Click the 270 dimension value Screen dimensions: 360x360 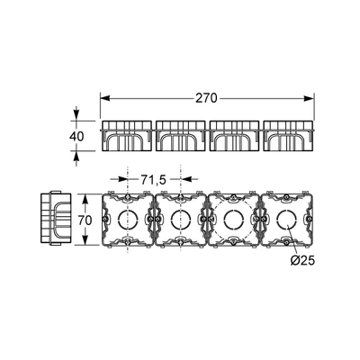pyautogui.click(x=206, y=98)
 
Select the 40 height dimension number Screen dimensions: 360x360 pyautogui.click(x=76, y=137)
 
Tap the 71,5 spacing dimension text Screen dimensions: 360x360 pyautogui.click(x=153, y=180)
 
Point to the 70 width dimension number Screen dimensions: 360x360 pyautogui.click(x=85, y=220)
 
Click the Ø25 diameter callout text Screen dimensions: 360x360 pyautogui.click(x=302, y=261)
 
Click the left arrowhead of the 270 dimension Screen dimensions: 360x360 pyautogui.click(x=105, y=98)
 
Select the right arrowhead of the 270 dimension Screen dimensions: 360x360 pyautogui.click(x=309, y=98)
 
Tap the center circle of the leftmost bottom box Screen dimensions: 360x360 pyautogui.click(x=128, y=220)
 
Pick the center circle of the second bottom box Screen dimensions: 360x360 pyautogui.click(x=181, y=220)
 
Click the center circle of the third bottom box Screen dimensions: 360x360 pyautogui.click(x=234, y=220)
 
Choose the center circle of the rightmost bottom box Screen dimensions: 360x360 pyautogui.click(x=286, y=220)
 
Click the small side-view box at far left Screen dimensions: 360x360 pyautogui.click(x=56, y=219)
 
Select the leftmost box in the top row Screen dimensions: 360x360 pyautogui.click(x=127, y=136)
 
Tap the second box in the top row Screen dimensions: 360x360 pyautogui.click(x=180, y=136)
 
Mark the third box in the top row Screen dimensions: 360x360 pyautogui.click(x=234, y=136)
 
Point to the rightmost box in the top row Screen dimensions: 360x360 pyautogui.click(x=288, y=136)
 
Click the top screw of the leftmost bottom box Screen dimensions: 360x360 pyautogui.click(x=128, y=197)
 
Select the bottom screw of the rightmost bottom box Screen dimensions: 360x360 pyautogui.click(x=286, y=242)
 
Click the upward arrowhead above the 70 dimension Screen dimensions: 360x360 pyautogui.click(x=85, y=199)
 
